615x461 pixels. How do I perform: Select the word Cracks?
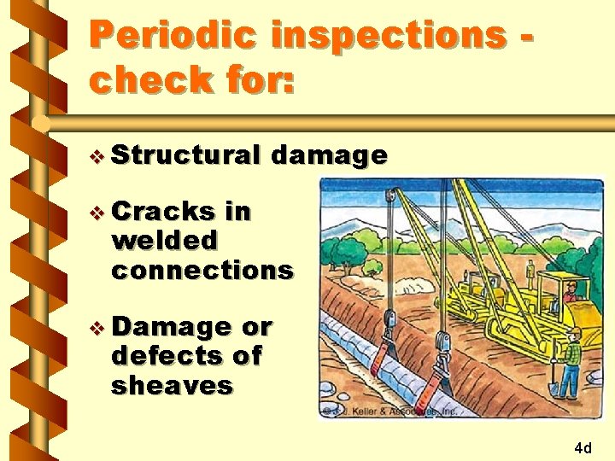point(163,211)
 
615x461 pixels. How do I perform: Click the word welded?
point(165,241)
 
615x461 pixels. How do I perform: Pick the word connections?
point(202,270)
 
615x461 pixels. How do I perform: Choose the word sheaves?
point(172,385)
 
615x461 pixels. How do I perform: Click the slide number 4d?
point(583,447)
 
